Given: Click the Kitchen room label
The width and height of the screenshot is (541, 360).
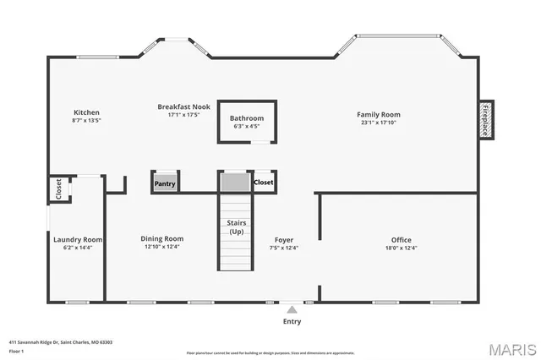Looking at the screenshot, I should [x=87, y=112].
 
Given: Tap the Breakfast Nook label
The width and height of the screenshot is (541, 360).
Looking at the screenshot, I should [x=183, y=106].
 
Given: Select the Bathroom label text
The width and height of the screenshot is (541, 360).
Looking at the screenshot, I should [x=248, y=118].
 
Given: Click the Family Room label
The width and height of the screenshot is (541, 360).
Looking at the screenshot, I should [x=378, y=114].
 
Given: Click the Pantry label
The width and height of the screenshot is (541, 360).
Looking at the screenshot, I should [x=165, y=183].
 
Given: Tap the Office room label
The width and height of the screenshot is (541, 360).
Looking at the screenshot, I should [x=401, y=240].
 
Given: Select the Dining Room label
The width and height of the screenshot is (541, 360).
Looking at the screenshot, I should [x=161, y=238].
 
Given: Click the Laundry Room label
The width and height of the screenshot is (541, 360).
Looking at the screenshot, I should [x=78, y=239].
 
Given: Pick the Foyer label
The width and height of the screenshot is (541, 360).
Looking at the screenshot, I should [x=283, y=239].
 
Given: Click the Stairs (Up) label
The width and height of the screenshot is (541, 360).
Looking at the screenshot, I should [x=237, y=226].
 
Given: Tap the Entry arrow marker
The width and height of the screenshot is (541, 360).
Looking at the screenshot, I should [x=292, y=310].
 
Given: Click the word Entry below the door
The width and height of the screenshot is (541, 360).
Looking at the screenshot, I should [x=292, y=321].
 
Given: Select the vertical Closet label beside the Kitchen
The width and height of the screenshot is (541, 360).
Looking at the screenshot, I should [x=58, y=189].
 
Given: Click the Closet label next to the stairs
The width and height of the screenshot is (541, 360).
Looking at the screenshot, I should [x=264, y=182].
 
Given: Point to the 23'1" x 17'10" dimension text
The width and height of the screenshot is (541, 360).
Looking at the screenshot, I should [x=378, y=123].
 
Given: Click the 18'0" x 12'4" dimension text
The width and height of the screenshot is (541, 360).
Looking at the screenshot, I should [x=401, y=248].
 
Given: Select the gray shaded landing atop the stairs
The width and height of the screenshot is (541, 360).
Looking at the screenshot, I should [x=236, y=183].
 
